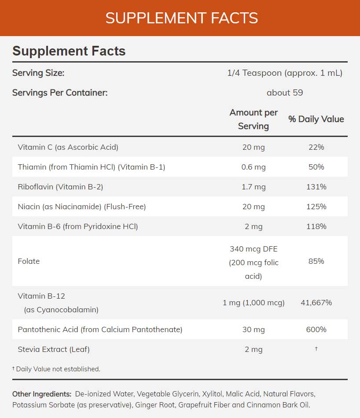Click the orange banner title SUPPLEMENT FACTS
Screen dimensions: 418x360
[181, 18]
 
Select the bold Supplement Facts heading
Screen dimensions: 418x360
[69, 51]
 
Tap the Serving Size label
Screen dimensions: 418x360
[38, 73]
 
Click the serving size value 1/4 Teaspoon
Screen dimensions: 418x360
[285, 73]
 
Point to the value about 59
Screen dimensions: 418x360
[285, 93]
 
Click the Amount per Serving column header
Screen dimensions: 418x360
[253, 119]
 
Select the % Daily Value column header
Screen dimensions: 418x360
[316, 119]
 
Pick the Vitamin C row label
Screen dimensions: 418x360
[68, 147]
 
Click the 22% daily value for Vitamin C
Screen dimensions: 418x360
[316, 147]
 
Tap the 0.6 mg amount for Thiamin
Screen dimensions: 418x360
[253, 167]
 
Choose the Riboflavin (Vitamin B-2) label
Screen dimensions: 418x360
[60, 187]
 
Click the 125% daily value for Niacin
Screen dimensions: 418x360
[316, 207]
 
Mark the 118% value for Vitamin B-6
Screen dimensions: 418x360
[316, 226]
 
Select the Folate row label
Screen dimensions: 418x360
[29, 261]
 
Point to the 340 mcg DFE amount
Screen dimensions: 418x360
[253, 249]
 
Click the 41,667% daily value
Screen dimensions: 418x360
[316, 303]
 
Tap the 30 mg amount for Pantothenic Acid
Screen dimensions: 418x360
[253, 329]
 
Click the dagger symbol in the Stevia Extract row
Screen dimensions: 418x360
[316, 349]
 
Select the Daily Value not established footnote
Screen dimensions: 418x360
[56, 369]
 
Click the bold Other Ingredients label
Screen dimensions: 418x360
[42, 394]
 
